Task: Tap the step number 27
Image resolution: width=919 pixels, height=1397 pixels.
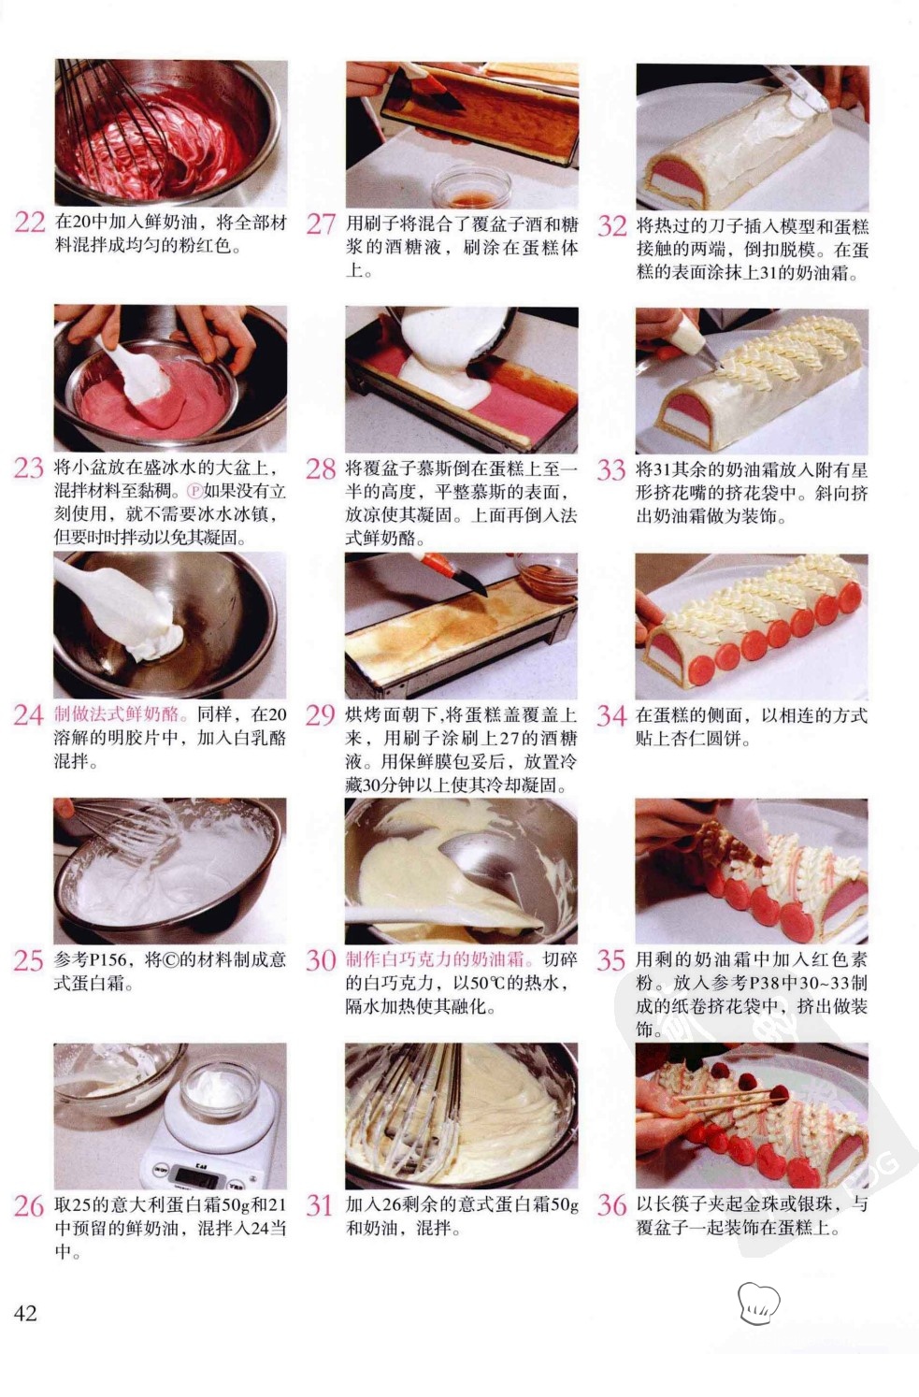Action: click(321, 223)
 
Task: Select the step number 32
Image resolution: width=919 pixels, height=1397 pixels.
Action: click(611, 225)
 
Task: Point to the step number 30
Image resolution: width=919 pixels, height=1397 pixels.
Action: click(321, 959)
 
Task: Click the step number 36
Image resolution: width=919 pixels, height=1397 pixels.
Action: click(611, 1205)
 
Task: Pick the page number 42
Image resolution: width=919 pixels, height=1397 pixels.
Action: click(25, 1313)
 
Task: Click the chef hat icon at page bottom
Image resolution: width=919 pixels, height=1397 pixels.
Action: click(758, 1303)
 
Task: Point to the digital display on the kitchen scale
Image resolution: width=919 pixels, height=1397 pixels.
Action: click(196, 1175)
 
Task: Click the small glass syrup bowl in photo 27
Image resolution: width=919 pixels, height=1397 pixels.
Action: click(472, 186)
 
